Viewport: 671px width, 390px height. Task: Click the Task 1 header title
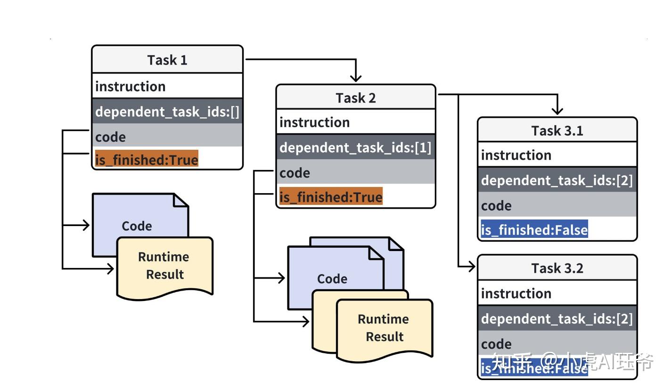tap(167, 60)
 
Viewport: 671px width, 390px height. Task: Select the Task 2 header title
tap(355, 97)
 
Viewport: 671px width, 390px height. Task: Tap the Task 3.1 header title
tap(557, 130)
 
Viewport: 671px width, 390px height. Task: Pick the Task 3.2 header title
tap(557, 268)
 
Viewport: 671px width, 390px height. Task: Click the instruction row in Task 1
tap(131, 86)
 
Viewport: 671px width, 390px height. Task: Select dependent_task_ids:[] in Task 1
tap(167, 112)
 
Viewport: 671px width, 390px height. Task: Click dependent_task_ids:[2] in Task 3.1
tap(556, 180)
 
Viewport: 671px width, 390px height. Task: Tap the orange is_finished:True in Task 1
tap(147, 160)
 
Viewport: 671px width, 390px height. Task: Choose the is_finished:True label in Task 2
tap(331, 196)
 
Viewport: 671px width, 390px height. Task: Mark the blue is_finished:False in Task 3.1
tap(534, 230)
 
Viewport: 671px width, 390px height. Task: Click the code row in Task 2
tap(295, 173)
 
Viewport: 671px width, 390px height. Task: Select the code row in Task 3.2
tap(496, 343)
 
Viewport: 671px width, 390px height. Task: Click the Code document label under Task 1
tap(137, 226)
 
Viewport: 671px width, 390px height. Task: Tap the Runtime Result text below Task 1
tap(164, 266)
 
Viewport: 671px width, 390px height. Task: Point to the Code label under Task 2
tap(332, 279)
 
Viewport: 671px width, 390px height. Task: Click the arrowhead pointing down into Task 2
tap(356, 78)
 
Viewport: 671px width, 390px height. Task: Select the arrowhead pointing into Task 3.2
tap(471, 267)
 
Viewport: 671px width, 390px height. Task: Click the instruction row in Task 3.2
tap(516, 293)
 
